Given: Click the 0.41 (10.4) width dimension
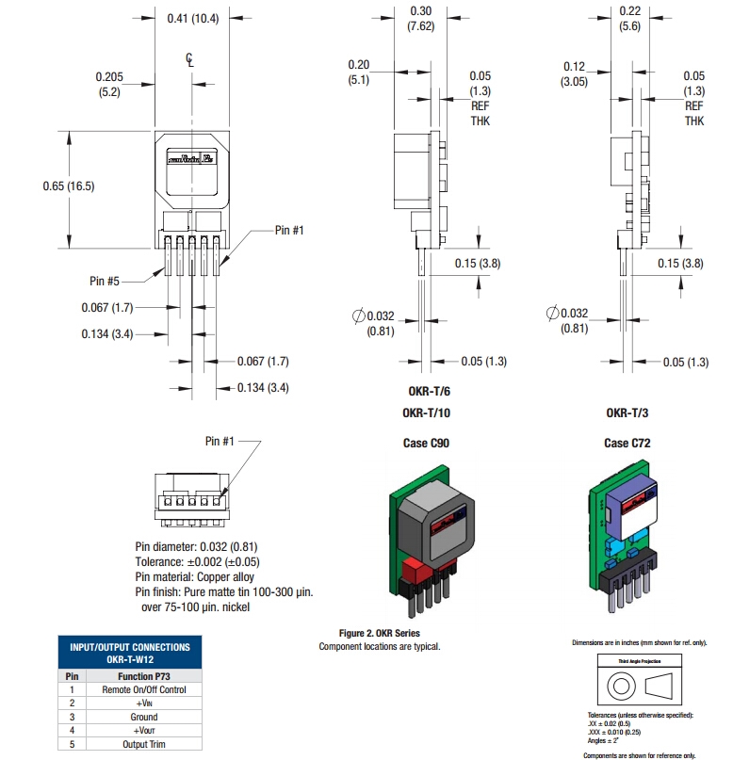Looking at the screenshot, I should point(192,18).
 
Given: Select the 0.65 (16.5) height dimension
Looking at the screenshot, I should point(69,186).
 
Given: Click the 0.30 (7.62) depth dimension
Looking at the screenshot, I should point(421,18).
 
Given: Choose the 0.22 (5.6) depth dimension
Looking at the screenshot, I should point(630,18).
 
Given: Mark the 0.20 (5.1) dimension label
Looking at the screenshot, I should point(358,72).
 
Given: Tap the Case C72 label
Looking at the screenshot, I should point(627,443).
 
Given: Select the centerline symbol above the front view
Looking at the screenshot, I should point(190,59).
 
